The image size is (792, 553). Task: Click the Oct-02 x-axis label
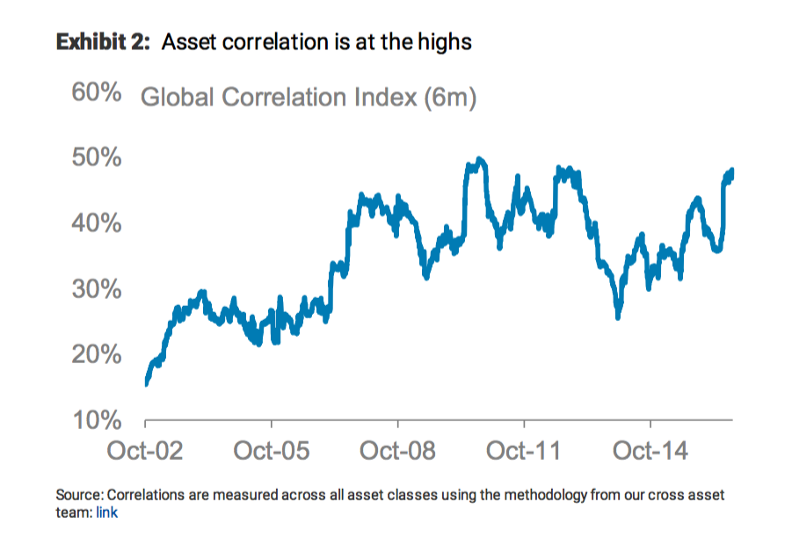point(145,452)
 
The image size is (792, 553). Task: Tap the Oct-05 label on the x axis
point(272,452)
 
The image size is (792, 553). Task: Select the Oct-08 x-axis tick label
point(398,452)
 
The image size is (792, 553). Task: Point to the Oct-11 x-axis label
point(524,452)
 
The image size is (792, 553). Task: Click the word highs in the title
point(445,41)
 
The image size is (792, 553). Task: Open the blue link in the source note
point(105,513)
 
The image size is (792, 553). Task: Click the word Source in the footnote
point(76,495)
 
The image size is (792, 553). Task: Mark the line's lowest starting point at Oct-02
point(146,382)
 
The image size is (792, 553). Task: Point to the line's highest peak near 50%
point(479,160)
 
